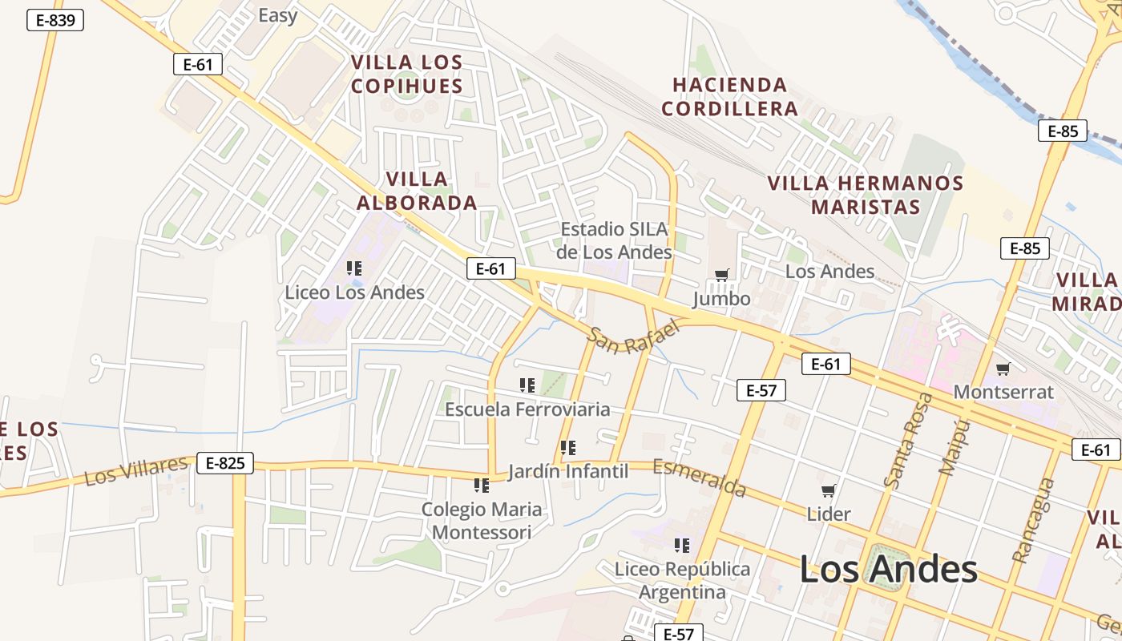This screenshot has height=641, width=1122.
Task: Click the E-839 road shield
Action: [x=55, y=20]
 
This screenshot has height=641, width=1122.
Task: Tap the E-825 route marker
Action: [x=225, y=462]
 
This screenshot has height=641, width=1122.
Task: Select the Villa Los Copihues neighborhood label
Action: [x=407, y=74]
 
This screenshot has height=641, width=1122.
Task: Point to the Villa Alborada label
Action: [x=417, y=191]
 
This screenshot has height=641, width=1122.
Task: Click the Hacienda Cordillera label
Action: [x=729, y=96]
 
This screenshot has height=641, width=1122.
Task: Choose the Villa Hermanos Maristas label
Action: [x=866, y=195]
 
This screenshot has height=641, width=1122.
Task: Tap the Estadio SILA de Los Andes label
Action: [x=614, y=240]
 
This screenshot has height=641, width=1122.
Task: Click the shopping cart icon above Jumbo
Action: [x=721, y=276]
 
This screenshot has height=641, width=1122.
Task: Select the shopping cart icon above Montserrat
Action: [x=1003, y=369]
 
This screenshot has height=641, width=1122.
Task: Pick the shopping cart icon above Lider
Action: [x=828, y=490]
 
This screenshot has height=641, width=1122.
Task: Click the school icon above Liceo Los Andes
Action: [x=354, y=268]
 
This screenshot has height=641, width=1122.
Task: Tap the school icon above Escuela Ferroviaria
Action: [x=527, y=385]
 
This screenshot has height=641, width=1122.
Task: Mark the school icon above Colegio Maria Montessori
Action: [x=481, y=486]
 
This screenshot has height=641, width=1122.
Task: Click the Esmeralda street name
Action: [x=699, y=478]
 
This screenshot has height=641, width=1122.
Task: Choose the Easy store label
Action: [x=278, y=15]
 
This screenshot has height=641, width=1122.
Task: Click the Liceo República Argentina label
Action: [x=682, y=580]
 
